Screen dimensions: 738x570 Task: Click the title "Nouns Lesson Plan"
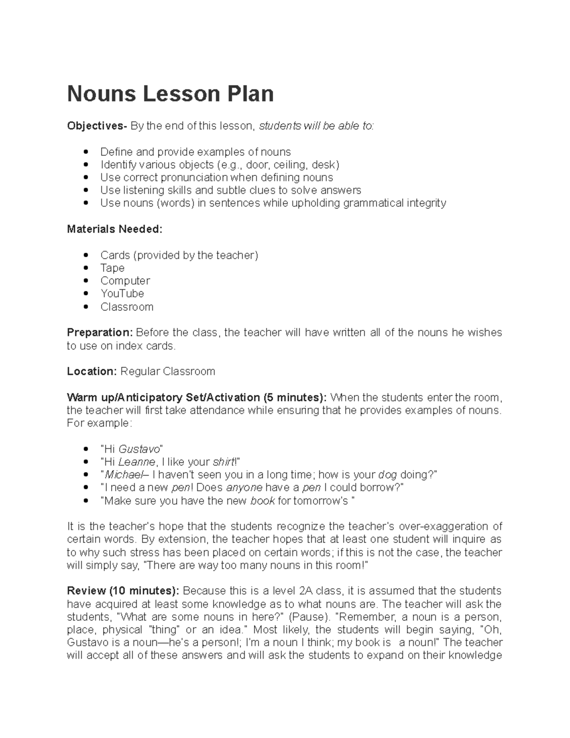(x=170, y=94)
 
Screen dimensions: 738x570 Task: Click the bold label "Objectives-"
(x=97, y=126)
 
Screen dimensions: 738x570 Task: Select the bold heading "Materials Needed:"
(x=114, y=229)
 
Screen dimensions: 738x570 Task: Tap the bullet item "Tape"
(x=112, y=268)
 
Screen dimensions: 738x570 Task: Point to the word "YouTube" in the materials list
(x=122, y=294)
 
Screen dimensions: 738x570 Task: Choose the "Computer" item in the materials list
(x=125, y=281)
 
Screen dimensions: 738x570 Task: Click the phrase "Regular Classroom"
(x=168, y=371)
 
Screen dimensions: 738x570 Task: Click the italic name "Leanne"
(x=137, y=462)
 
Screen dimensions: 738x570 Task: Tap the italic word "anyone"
(x=244, y=488)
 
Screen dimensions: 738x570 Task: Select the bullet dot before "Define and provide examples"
(x=86, y=152)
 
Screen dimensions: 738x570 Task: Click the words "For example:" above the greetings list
(x=98, y=423)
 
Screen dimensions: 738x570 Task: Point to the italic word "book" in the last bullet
(x=262, y=501)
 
